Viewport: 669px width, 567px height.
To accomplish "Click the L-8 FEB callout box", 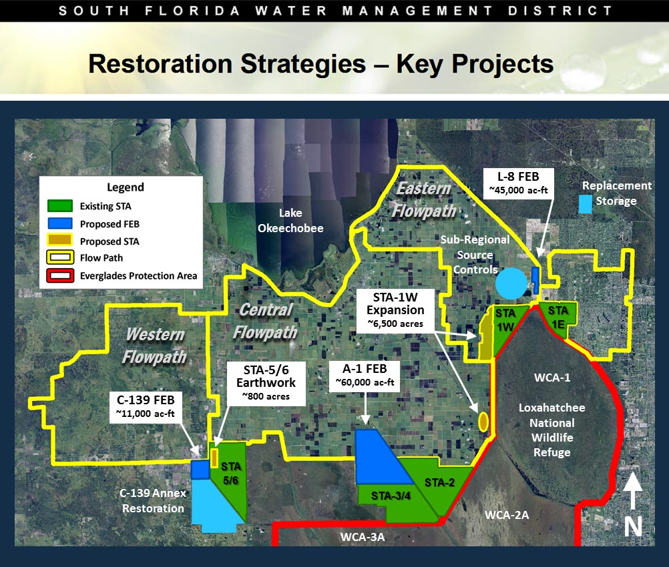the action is click(x=518, y=183).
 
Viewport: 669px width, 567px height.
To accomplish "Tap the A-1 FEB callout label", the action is click(x=365, y=376).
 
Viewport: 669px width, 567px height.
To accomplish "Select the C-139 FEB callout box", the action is click(x=146, y=407).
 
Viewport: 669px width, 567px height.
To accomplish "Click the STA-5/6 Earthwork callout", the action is click(x=266, y=383).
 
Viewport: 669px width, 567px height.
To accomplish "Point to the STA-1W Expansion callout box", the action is click(x=395, y=310).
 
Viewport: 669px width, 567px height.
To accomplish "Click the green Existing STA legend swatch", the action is click(x=60, y=206).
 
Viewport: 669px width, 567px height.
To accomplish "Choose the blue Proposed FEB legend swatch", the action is click(x=60, y=224).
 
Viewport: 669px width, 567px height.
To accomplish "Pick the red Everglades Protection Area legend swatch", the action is click(x=60, y=275).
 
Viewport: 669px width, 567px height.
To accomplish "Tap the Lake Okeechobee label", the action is click(x=290, y=220).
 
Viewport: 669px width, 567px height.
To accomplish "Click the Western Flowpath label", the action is click(x=155, y=346).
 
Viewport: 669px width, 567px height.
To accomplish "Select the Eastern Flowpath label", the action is click(x=424, y=199).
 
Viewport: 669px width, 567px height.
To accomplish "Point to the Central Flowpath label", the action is click(x=265, y=321).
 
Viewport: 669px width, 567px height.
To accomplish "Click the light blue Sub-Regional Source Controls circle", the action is click(x=511, y=283).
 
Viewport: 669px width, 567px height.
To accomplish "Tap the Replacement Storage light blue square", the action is click(x=586, y=204).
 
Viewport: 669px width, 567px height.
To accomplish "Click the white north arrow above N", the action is click(x=633, y=491).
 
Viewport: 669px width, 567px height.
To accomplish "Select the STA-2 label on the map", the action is click(x=439, y=482).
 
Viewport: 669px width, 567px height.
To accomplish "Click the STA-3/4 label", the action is click(x=391, y=496).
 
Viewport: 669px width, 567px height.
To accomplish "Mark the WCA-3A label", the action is click(x=363, y=537).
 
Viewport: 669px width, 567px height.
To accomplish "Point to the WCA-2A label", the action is click(x=507, y=515).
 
